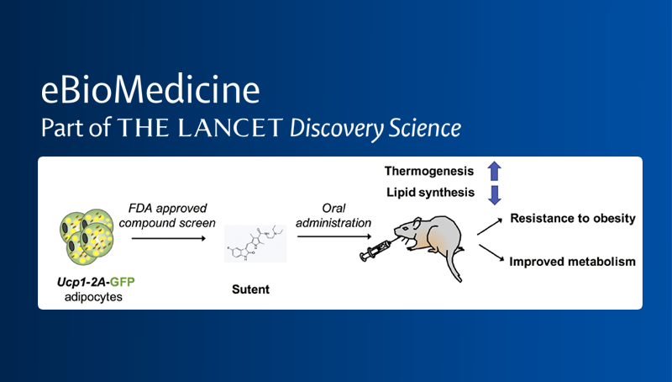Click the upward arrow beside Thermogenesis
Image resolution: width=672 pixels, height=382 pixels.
(x=494, y=171)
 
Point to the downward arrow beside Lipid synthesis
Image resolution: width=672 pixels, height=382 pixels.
(x=494, y=195)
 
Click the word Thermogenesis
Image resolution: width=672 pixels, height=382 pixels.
(x=430, y=172)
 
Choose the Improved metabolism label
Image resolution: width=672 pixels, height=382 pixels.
(x=572, y=261)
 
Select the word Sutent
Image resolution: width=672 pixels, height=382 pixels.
(x=251, y=289)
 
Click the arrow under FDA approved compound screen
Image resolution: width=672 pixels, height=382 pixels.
(x=168, y=238)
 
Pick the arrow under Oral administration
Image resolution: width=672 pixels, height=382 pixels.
(x=328, y=238)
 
